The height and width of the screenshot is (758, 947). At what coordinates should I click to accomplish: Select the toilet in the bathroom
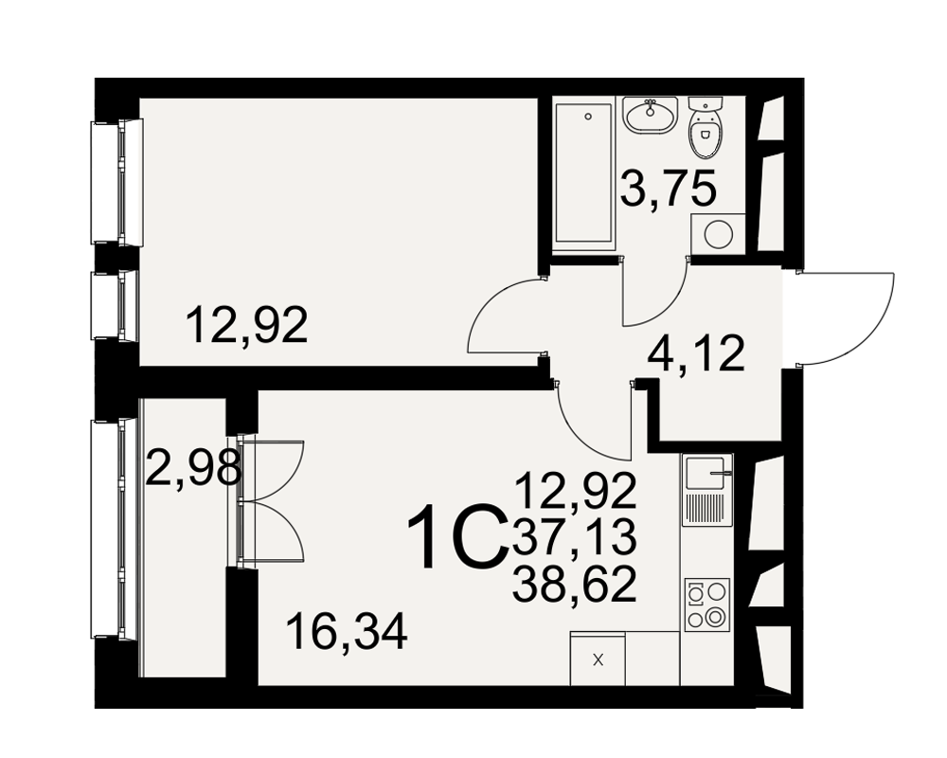click(705, 126)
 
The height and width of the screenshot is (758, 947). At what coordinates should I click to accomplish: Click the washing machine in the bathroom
click(718, 232)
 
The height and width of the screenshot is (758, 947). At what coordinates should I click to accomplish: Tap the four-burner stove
click(706, 604)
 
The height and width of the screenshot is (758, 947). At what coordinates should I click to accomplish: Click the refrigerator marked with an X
click(598, 659)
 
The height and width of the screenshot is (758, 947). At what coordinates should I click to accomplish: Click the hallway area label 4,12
click(695, 354)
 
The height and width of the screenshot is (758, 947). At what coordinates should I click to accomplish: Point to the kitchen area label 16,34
click(347, 632)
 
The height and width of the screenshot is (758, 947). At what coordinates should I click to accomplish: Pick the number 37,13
click(575, 537)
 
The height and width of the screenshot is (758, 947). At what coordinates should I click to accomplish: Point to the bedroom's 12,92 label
click(247, 325)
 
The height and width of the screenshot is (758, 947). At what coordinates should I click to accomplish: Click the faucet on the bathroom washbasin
click(651, 107)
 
